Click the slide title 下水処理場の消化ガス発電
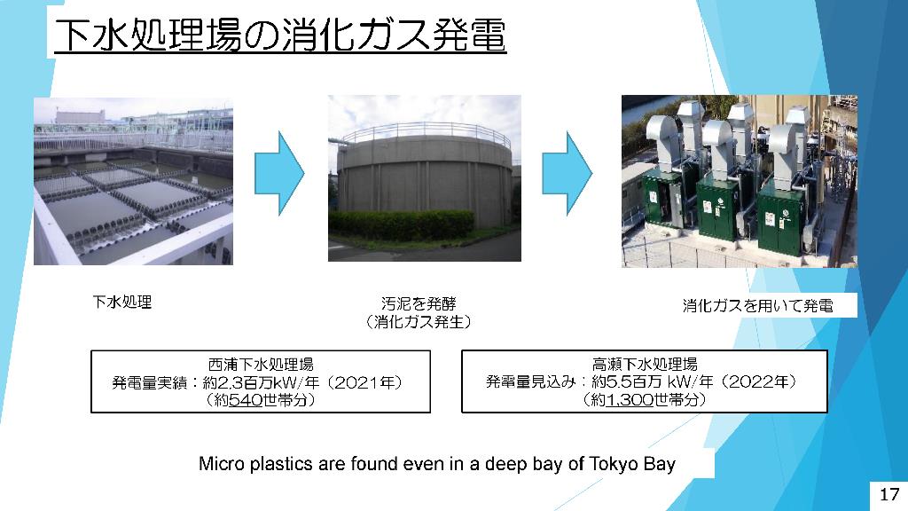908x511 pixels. click(x=280, y=35)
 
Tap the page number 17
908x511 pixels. click(x=888, y=494)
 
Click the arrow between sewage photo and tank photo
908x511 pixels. click(x=279, y=173)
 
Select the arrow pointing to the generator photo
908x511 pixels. click(x=567, y=173)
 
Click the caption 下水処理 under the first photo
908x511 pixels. click(x=122, y=302)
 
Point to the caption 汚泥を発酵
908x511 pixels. click(x=419, y=303)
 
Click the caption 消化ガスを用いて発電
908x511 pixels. click(x=757, y=305)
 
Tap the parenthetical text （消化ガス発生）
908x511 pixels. click(x=419, y=321)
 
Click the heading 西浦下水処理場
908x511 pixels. click(x=261, y=365)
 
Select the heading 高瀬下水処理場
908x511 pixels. click(x=645, y=364)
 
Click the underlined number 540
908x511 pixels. click(x=247, y=400)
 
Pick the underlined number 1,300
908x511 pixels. click(x=630, y=399)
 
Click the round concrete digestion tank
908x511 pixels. click(x=425, y=174)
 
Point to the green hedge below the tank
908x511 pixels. click(x=402, y=224)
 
